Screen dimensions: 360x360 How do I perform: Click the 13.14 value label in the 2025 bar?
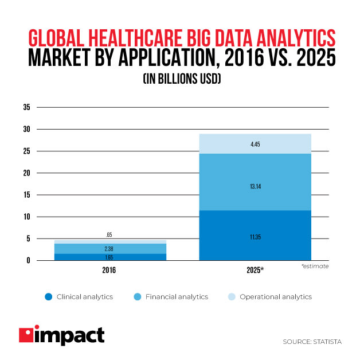[x=255, y=185]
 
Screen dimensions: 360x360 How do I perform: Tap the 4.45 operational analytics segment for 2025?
[x=255, y=144]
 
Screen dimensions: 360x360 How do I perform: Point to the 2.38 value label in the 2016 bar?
[x=109, y=248]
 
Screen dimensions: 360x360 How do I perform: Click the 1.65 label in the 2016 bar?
[x=109, y=257]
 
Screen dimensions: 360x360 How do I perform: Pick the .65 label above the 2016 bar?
[x=109, y=234]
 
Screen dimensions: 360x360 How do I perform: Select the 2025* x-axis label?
[x=255, y=269]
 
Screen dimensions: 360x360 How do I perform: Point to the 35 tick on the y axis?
[x=26, y=107]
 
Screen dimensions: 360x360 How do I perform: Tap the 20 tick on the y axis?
[x=26, y=173]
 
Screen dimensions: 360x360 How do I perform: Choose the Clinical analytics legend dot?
[x=48, y=297]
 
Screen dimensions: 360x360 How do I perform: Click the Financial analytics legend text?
[x=177, y=297]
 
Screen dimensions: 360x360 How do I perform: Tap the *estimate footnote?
[x=315, y=267]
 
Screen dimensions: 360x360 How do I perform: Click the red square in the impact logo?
[x=26, y=336]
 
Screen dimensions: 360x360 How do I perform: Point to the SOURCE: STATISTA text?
[x=312, y=342]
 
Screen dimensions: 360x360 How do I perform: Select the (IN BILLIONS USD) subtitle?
[x=179, y=81]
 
